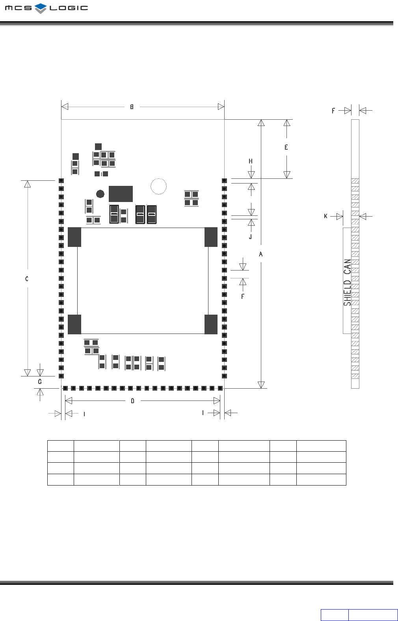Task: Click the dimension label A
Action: [260, 254]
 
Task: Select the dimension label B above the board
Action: [132, 107]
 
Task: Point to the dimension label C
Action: [27, 279]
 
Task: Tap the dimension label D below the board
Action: [132, 401]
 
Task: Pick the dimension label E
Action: [286, 147]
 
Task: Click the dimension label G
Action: [40, 382]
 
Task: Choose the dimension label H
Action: [251, 161]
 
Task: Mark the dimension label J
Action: [250, 237]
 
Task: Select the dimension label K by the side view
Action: [325, 216]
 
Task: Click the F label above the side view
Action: [333, 111]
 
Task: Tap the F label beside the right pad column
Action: [243, 296]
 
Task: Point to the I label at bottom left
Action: [84, 414]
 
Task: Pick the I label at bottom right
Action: [203, 413]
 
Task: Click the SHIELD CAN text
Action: [347, 282]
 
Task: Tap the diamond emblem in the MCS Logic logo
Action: [41, 8]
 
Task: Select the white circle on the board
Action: [159, 186]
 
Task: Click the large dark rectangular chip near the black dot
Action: [121, 194]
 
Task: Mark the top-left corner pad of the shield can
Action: [74, 237]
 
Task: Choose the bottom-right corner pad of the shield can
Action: [211, 324]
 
